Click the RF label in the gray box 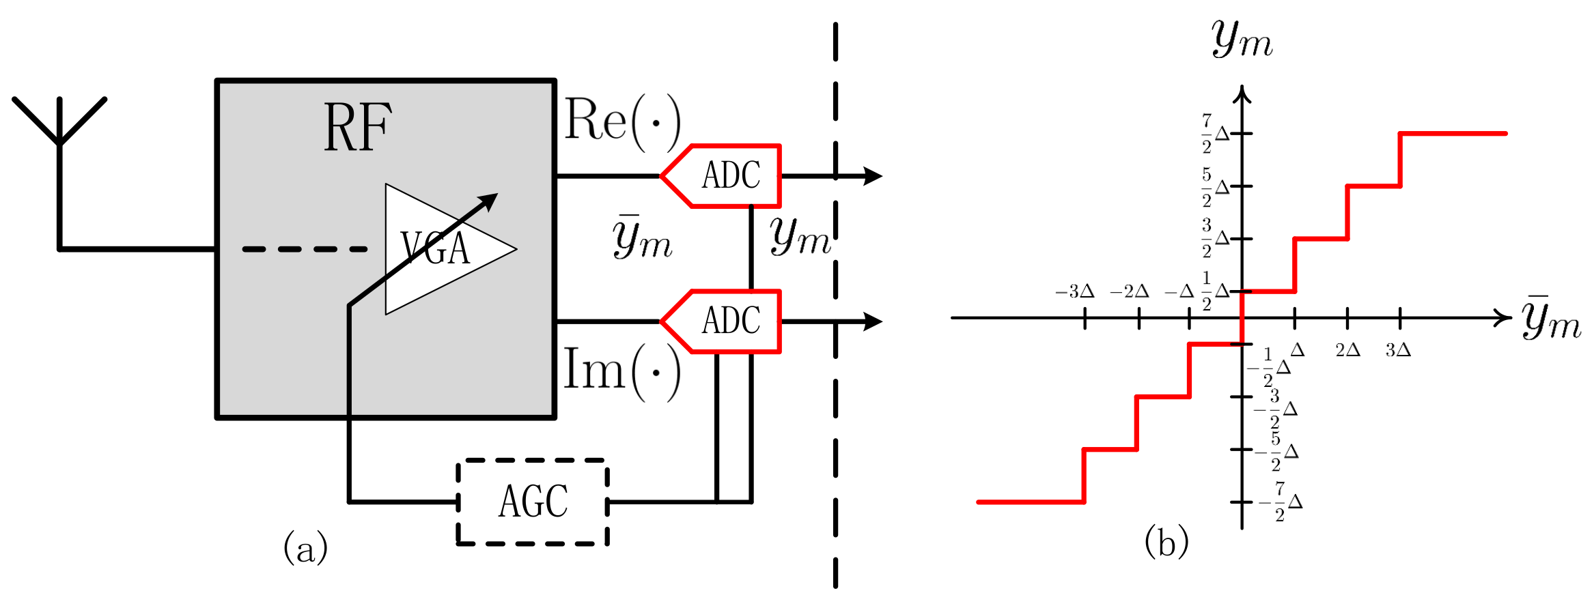[357, 128]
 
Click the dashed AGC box [533, 502]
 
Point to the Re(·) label [621, 121]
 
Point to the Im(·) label [621, 371]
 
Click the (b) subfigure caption [1166, 543]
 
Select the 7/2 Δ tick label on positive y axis [1215, 134]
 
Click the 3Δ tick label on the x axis [1397, 350]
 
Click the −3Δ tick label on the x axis [1075, 292]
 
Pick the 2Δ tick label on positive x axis [1347, 350]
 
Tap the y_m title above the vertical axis [1242, 40]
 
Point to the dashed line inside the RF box [305, 249]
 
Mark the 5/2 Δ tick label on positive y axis [1215, 187]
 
